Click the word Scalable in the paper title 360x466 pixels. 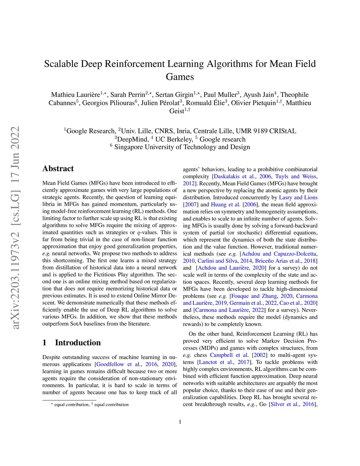tap(61, 64)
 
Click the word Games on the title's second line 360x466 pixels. tap(180, 77)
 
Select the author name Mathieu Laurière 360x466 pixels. tap(75, 95)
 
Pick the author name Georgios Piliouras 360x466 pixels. tap(108, 103)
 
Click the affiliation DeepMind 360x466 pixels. tap(133, 139)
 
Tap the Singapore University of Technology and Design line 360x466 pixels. tap(182, 147)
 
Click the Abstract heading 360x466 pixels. tap(58, 169)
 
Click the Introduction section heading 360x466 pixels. tap(78, 343)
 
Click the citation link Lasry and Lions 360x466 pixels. tap(298, 198)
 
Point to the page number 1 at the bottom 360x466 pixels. tap(180, 422)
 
